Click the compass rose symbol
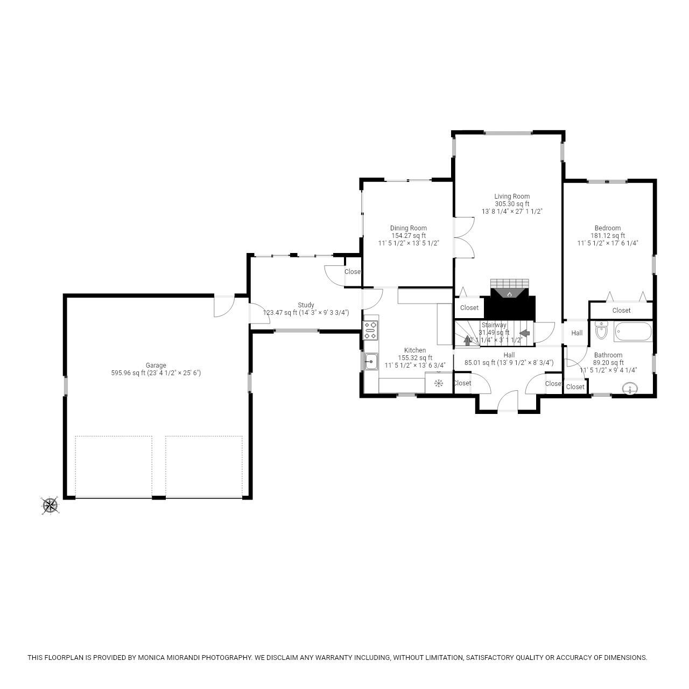point(50,505)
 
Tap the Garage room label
point(156,365)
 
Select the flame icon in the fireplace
point(510,294)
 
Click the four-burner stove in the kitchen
point(370,330)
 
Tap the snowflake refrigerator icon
point(439,383)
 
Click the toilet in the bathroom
point(601,331)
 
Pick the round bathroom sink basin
point(629,388)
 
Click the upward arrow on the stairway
point(467,340)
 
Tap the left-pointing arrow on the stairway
point(524,333)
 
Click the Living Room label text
point(512,196)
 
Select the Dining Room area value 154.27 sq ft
point(409,236)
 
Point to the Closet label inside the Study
point(353,272)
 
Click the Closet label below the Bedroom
point(621,311)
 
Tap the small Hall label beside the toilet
point(577,333)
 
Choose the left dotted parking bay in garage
point(114,466)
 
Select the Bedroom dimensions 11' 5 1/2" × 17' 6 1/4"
point(608,243)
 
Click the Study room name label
point(306,305)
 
